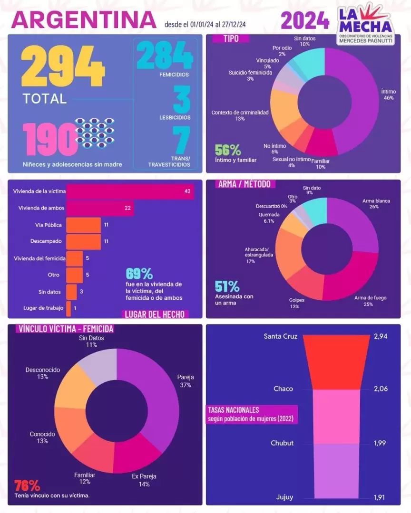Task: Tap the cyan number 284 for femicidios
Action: pyautogui.click(x=165, y=56)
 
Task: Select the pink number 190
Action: pyautogui.click(x=49, y=137)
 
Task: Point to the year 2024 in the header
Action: pyautogui.click(x=305, y=20)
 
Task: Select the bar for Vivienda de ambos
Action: pyautogui.click(x=100, y=208)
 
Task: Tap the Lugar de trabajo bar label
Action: pyautogui.click(x=43, y=308)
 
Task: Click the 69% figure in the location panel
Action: pyautogui.click(x=139, y=274)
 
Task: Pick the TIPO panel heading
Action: pyautogui.click(x=231, y=38)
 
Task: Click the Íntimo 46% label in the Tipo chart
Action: pyautogui.click(x=388, y=94)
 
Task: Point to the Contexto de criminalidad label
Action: pyautogui.click(x=240, y=115)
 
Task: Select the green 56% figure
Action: pyautogui.click(x=228, y=150)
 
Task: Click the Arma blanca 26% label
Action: pyautogui.click(x=376, y=204)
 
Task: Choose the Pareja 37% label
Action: pyautogui.click(x=185, y=381)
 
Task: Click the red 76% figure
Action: pyautogui.click(x=27, y=485)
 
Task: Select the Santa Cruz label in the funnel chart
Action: pyautogui.click(x=281, y=336)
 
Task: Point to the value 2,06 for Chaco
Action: pyautogui.click(x=381, y=389)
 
